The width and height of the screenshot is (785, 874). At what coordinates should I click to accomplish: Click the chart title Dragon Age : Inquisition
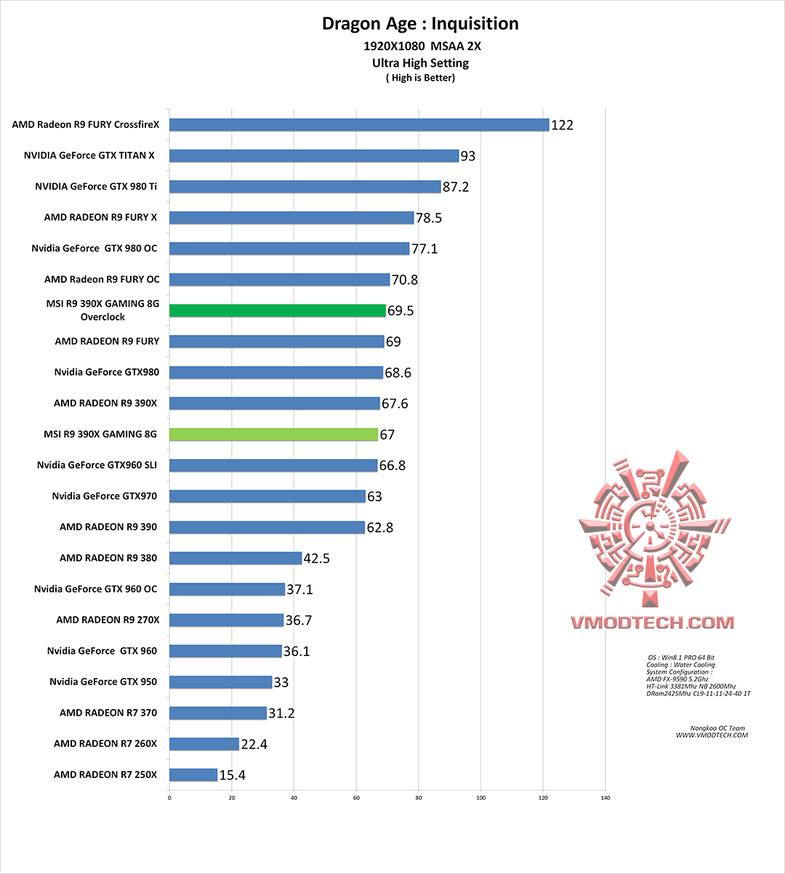(x=420, y=24)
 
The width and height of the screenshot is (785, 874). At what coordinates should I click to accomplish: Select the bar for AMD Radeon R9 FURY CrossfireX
(x=359, y=125)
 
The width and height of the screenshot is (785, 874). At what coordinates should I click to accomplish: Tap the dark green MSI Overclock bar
(x=278, y=311)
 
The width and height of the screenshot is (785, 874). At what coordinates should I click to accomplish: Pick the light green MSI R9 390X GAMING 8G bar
(x=273, y=434)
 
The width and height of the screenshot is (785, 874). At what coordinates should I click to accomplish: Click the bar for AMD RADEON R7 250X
(x=193, y=775)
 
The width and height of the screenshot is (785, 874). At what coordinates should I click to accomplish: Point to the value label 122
(x=562, y=125)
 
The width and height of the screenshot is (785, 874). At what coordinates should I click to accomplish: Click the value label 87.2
(x=456, y=187)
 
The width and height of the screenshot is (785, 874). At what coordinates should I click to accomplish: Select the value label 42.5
(x=316, y=559)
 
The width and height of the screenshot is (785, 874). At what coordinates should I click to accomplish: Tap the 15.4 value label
(x=232, y=775)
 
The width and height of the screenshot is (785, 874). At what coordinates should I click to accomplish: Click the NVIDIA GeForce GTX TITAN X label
(x=89, y=155)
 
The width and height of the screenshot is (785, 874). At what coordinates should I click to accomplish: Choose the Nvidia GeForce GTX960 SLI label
(x=97, y=465)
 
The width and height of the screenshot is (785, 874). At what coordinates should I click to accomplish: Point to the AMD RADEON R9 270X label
(x=108, y=620)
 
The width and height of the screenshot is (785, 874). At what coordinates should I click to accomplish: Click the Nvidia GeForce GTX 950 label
(x=103, y=681)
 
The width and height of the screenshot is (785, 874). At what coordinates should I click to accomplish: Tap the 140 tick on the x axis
(x=605, y=798)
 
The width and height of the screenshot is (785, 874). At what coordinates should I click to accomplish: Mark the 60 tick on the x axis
(x=356, y=798)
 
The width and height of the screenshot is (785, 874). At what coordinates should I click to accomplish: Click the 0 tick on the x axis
(x=169, y=798)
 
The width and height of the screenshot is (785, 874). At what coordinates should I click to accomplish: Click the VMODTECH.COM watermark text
(x=652, y=623)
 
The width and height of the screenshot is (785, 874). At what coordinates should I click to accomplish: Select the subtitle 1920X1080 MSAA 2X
(x=422, y=46)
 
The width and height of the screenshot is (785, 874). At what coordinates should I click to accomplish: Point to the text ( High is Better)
(x=420, y=78)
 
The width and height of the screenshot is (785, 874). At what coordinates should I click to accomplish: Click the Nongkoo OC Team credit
(x=717, y=728)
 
